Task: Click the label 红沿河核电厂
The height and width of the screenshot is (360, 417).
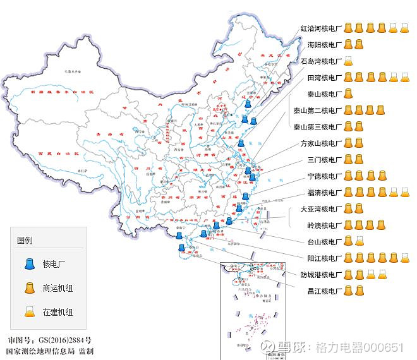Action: pos(320,28)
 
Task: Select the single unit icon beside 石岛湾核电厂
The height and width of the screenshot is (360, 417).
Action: pos(347,61)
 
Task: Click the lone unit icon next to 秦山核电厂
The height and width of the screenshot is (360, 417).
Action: pos(347,94)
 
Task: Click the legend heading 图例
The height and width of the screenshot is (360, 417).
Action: pos(25,241)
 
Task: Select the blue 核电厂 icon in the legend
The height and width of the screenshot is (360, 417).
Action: pos(29,264)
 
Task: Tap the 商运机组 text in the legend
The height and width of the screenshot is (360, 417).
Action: pos(57,288)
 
